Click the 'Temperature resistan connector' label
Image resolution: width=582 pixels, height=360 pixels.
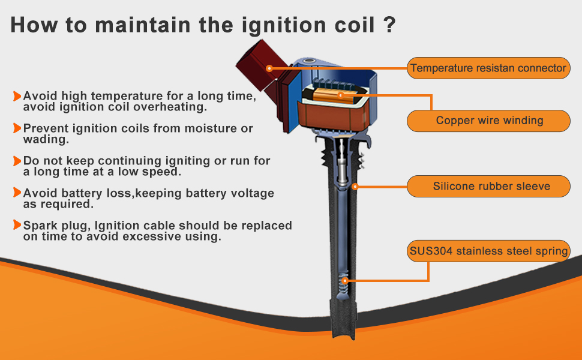488,68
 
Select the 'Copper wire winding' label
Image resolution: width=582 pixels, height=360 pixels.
488,121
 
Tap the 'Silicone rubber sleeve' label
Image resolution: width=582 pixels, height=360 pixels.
488,187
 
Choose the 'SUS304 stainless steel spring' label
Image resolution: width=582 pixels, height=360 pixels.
488,251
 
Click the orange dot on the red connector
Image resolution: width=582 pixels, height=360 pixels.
270,68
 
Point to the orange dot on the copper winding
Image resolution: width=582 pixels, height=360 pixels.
340,95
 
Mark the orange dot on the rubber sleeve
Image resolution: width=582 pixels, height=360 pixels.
355,187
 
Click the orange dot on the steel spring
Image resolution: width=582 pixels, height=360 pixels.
345,281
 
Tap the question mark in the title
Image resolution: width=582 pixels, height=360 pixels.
390,25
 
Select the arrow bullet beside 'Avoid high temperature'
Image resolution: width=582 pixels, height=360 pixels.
17,96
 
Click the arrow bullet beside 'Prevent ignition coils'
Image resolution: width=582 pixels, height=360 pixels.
17,128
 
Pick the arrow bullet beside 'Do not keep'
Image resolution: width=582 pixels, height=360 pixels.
17,161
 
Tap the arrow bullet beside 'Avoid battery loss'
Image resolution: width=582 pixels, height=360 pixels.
17,193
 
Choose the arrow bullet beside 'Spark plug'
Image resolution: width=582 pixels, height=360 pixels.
17,225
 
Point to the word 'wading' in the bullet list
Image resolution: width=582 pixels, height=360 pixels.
44,140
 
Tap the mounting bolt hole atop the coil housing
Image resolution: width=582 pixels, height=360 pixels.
309,61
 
